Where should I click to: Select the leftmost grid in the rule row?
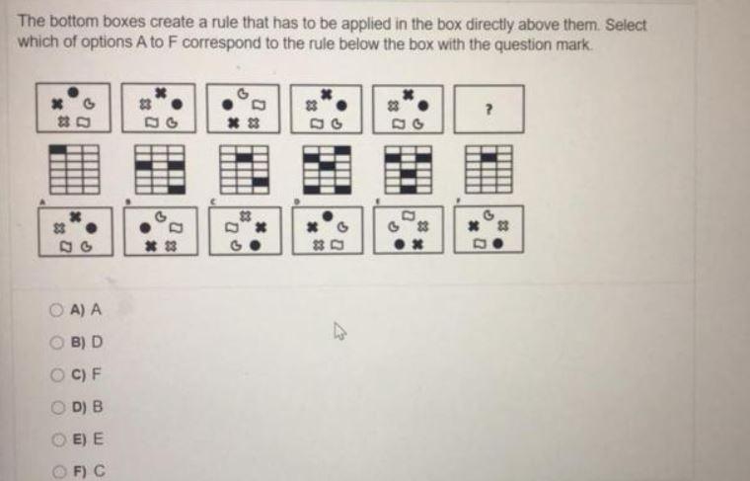tap(64, 169)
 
